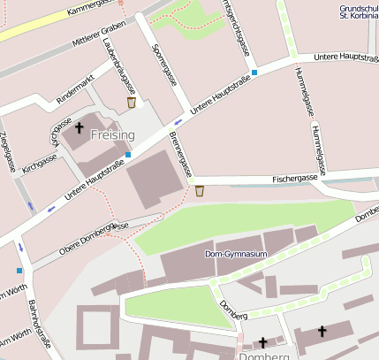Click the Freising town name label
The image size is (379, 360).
(112, 135)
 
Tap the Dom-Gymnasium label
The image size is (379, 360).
(235, 254)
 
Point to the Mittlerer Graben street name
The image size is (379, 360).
(96, 34)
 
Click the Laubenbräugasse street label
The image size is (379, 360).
(119, 66)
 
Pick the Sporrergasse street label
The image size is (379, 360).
(164, 65)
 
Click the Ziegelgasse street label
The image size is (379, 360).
(9, 152)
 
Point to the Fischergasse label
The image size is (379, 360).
(295, 179)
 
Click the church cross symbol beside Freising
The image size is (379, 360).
(79, 128)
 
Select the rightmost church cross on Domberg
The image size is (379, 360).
(322, 332)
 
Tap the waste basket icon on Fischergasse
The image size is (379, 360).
(200, 190)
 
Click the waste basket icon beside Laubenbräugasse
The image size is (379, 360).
(132, 103)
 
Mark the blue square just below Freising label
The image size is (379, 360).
(128, 154)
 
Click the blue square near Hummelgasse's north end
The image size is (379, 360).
(254, 73)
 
